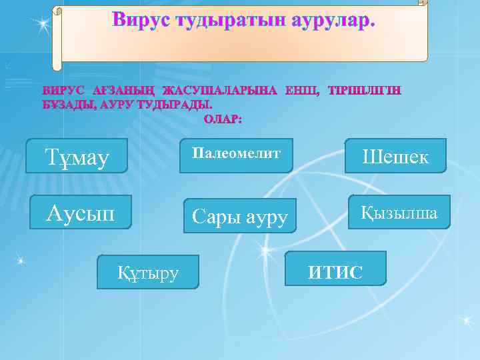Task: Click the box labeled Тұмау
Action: pos(77,156)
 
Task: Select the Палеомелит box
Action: pos(236,155)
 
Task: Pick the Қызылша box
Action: pos(399,213)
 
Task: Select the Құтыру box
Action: pos(147,271)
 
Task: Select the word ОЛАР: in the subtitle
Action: pos(223,119)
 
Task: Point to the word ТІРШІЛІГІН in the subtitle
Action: pos(364,91)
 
